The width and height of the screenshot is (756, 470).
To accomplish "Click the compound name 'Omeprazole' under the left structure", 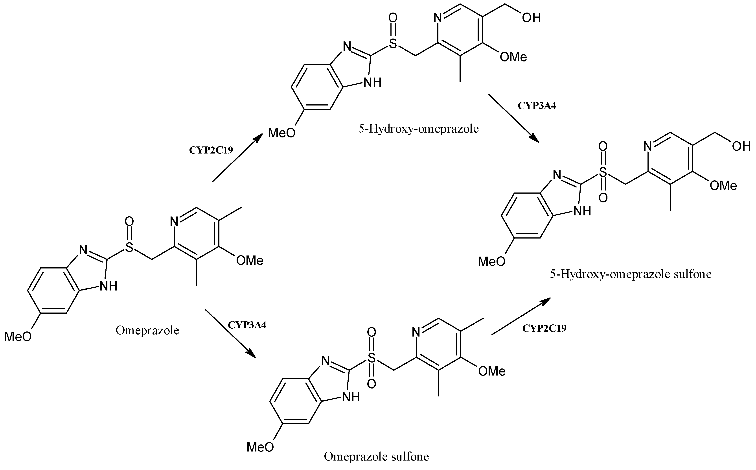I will click(x=147, y=330).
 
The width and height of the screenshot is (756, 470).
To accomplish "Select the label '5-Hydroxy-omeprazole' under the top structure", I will click(x=418, y=129).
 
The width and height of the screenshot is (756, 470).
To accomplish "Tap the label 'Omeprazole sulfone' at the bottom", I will click(x=376, y=456).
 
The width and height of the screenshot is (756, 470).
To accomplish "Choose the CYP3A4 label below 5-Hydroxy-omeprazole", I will click(x=537, y=106).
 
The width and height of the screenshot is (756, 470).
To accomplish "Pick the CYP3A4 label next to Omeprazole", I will click(x=247, y=325).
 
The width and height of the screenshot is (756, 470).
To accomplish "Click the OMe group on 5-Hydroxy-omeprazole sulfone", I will click(x=723, y=186).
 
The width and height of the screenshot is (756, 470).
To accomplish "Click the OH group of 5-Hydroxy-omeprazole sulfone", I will click(x=741, y=146).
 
